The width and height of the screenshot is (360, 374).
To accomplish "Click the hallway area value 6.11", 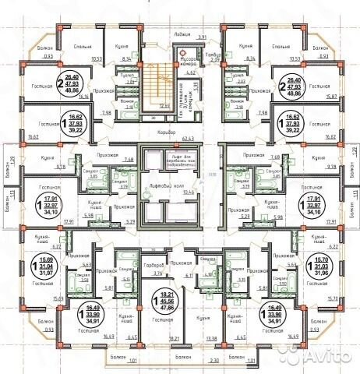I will (189, 275).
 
